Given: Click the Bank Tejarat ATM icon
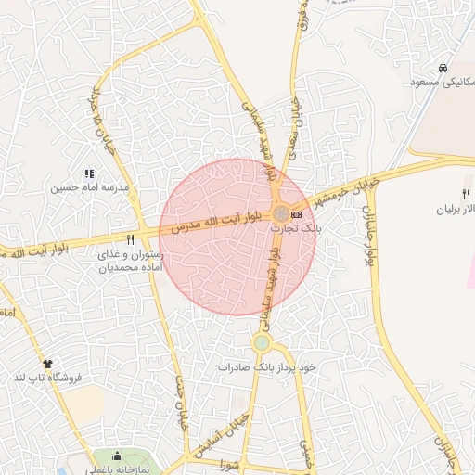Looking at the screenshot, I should point(296,214).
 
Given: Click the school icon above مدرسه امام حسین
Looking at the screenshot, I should point(89,173).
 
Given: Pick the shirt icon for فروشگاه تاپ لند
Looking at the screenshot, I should point(47,364).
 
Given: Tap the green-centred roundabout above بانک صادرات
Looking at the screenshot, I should point(262,343).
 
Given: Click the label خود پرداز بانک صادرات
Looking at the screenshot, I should point(267,367).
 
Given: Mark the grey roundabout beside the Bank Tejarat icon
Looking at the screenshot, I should point(280,214).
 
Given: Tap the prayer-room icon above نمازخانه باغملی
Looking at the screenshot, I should point(117,456).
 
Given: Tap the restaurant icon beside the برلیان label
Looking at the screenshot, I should point(466,194).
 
